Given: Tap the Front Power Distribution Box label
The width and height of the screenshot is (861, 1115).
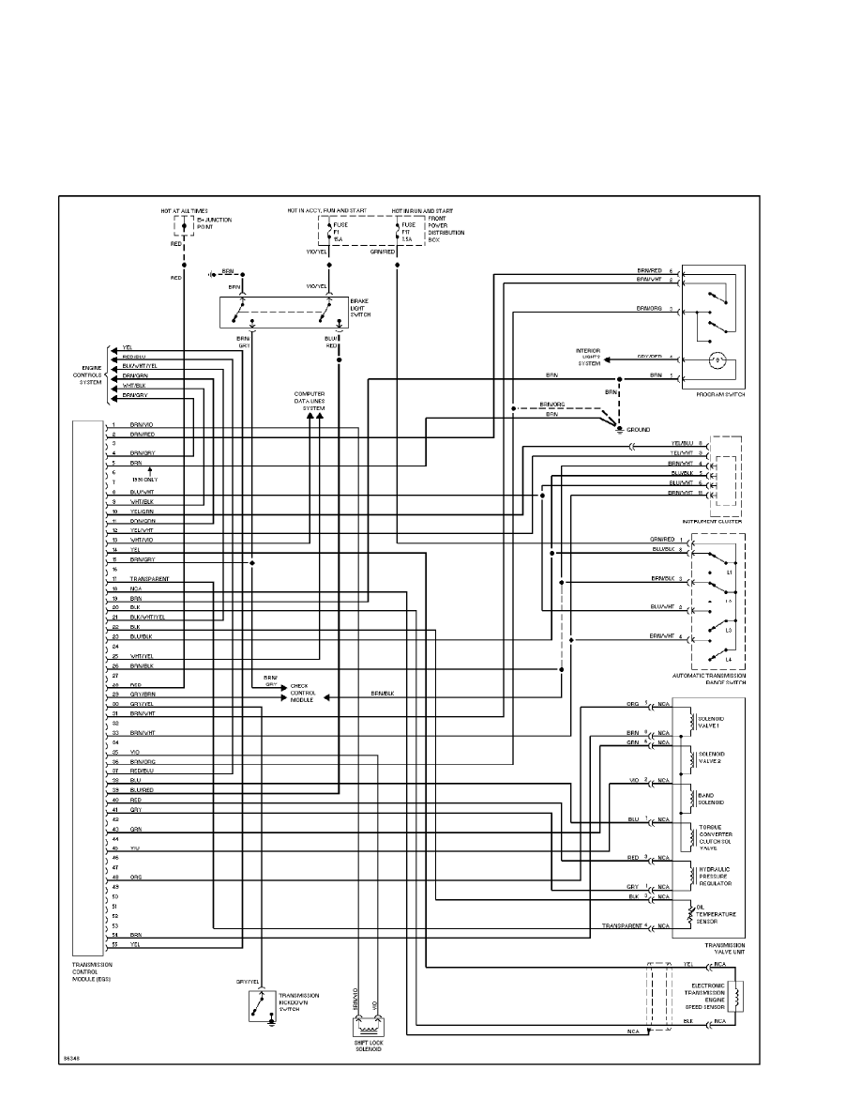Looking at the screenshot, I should (446, 227).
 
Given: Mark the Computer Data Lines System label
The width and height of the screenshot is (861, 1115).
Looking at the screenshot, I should (310, 401).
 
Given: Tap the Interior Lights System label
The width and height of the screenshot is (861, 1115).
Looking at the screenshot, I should (588, 357).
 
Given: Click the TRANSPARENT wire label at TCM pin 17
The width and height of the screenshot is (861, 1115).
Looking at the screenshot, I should (149, 579).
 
